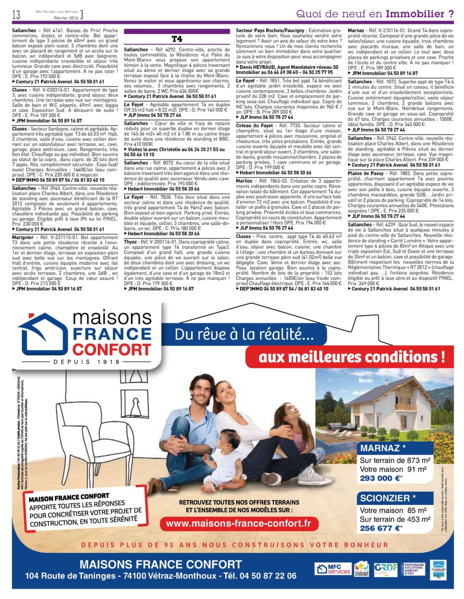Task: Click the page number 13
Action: click(16, 15)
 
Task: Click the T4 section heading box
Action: click(176, 39)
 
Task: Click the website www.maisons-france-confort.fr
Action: click(239, 523)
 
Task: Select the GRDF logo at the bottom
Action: click(386, 568)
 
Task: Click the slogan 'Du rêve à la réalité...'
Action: click(244, 334)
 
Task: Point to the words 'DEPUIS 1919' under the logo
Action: click(87, 362)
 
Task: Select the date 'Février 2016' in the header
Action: click(66, 18)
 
